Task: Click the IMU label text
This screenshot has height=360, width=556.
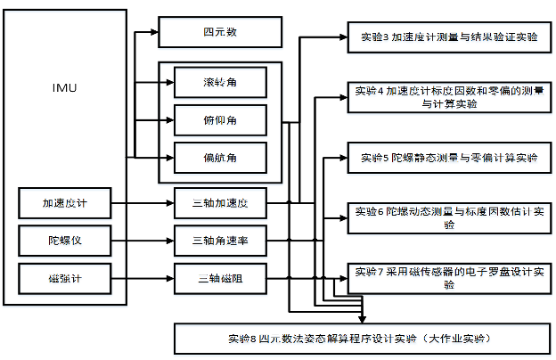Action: click(64, 87)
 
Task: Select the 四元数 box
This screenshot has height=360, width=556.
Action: click(220, 32)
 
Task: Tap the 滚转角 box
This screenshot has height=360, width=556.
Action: click(220, 82)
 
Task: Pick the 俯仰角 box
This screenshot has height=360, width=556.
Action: click(220, 120)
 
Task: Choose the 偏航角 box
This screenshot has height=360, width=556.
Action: click(220, 158)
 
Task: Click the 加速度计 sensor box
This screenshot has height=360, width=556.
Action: click(65, 203)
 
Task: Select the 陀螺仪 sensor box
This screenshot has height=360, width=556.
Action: click(65, 241)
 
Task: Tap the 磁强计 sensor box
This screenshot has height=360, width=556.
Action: click(65, 278)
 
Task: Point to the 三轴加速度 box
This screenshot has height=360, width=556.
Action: click(220, 203)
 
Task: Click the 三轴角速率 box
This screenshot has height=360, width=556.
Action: click(220, 241)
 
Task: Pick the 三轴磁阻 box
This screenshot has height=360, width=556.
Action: click(220, 278)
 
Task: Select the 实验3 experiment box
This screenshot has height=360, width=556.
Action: click(449, 37)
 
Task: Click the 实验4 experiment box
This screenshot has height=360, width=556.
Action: click(449, 97)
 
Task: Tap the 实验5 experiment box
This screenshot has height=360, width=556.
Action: click(449, 158)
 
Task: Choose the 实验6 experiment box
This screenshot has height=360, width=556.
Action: click(449, 218)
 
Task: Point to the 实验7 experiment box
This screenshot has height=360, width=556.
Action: click(449, 278)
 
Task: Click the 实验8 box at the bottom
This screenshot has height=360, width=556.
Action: click(362, 339)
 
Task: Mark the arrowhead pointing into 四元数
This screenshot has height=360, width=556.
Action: click(155, 32)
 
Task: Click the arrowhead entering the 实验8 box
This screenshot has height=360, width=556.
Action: click(362, 319)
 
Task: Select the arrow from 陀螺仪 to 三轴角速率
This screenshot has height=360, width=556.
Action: click(143, 241)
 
